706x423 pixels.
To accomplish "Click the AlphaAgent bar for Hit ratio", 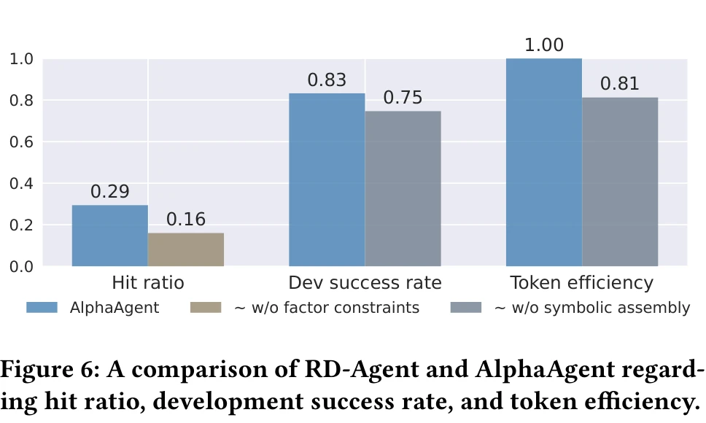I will point(110,236).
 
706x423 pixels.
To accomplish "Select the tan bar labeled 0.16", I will point(186,249).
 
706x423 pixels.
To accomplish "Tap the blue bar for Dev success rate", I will point(327,179).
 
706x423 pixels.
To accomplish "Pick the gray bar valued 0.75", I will point(403,188).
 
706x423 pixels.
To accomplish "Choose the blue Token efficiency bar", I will point(544,162).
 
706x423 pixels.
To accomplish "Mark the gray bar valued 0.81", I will point(620,182).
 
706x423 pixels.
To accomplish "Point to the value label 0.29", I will point(110,192).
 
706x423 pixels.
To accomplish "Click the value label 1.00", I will point(544,45).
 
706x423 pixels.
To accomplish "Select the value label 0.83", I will point(327,80).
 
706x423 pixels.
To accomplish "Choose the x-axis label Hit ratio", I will point(148,283).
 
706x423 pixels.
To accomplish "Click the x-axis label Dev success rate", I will point(365,283).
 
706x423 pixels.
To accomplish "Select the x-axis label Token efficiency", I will point(581,283).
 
